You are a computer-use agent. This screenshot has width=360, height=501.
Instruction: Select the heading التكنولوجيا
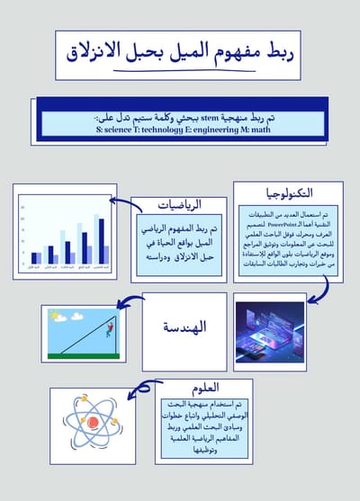289,192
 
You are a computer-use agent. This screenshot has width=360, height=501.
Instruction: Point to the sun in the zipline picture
54,318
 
